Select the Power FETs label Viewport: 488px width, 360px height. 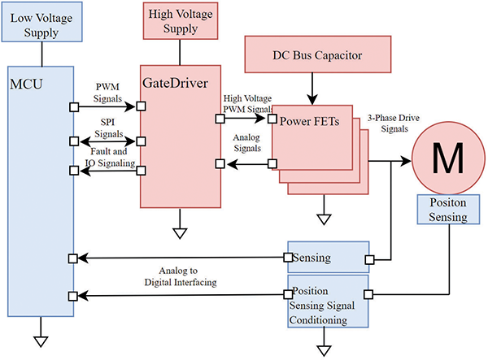click(x=309, y=124)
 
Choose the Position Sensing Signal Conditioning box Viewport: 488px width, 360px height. click(x=328, y=305)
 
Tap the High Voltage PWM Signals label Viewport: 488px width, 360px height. click(x=249, y=103)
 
